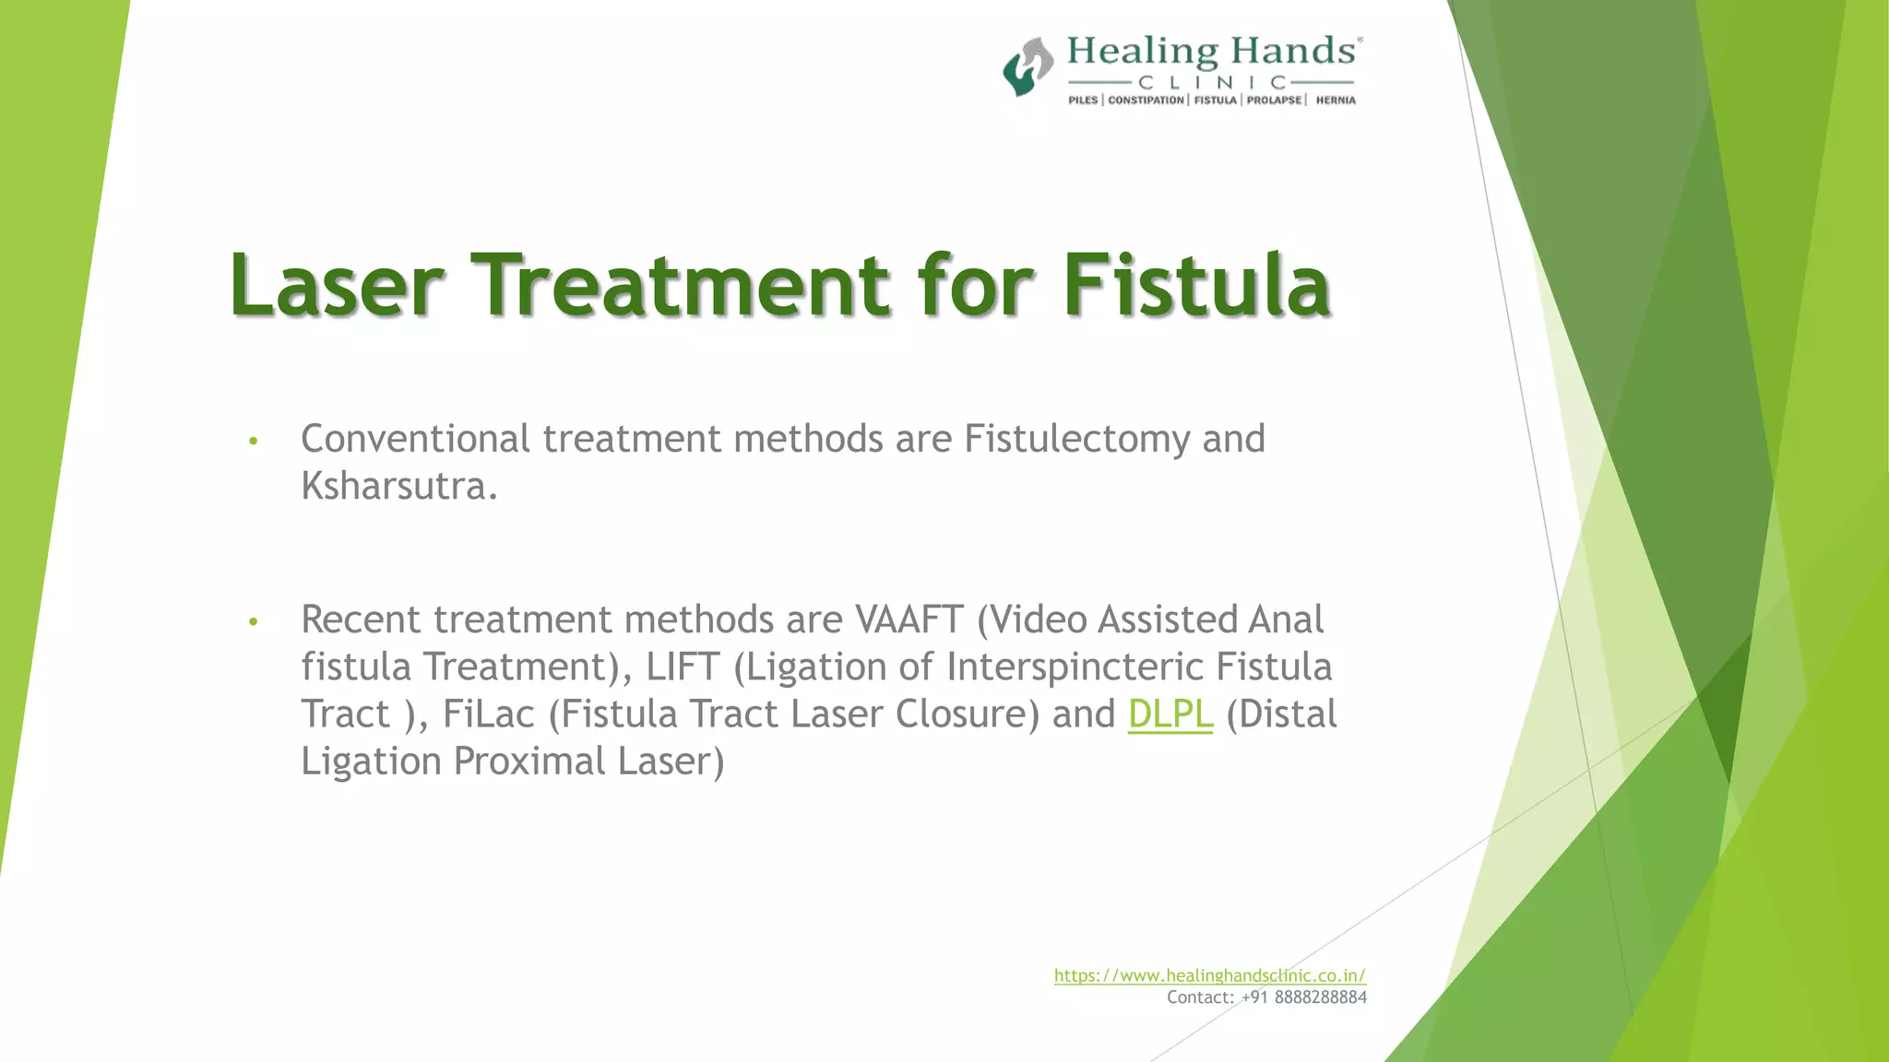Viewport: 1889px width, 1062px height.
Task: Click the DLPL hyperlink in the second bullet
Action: point(1170,714)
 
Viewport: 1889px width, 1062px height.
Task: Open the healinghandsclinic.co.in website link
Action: point(1209,975)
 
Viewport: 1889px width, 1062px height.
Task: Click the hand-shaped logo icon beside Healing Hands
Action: point(1028,67)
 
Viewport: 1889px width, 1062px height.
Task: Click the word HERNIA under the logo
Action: point(1335,100)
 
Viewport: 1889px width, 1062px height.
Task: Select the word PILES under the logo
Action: point(1083,100)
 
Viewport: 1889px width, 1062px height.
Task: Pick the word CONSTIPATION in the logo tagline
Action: point(1146,100)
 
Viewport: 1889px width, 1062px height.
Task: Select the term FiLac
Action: point(488,714)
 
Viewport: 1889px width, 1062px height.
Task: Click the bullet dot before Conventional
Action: point(253,442)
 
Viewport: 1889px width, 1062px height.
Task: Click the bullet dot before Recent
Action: point(253,622)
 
